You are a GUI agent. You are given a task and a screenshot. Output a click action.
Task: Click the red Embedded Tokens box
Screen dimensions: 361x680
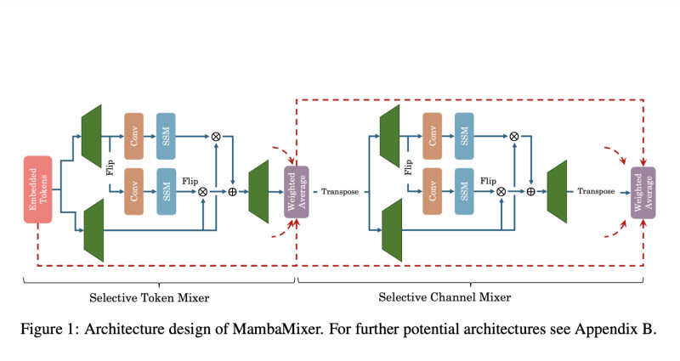tap(37, 189)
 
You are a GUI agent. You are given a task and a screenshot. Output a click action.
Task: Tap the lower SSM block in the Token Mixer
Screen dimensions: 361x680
tap(166, 191)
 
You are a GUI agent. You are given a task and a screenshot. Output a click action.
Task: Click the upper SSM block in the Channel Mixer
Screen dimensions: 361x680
tap(465, 135)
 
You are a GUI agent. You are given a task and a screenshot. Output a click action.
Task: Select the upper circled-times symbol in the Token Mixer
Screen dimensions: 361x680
tap(216, 135)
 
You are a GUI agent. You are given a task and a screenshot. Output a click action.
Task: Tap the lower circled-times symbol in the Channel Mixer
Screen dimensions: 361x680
tap(501, 191)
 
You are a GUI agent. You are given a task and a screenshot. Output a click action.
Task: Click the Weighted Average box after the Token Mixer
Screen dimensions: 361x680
tap(296, 192)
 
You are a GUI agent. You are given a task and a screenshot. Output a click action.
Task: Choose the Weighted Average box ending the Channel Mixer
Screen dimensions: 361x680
tap(643, 192)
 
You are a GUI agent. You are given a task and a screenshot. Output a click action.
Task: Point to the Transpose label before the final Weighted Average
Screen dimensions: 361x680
tap(596, 192)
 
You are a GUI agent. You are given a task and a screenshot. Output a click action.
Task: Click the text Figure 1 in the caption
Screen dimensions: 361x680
tap(50, 329)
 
